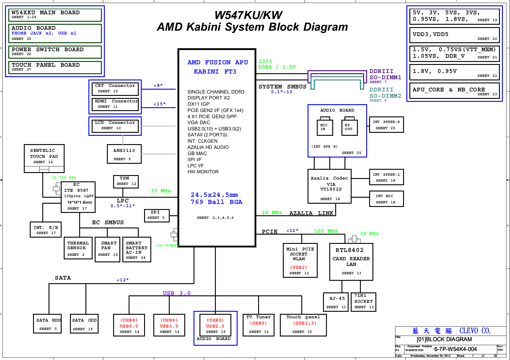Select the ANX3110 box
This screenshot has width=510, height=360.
click(x=124, y=154)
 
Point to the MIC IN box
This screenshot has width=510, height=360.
click(x=325, y=127)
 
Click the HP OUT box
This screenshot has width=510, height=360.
click(x=349, y=127)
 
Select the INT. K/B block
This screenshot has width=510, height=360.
click(x=46, y=230)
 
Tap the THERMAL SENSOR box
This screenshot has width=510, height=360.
click(x=78, y=248)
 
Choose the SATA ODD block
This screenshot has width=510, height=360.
click(x=84, y=324)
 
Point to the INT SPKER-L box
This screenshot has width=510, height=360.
click(x=386, y=177)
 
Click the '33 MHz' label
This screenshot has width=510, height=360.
click(x=160, y=191)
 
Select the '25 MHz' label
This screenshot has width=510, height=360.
click(x=369, y=234)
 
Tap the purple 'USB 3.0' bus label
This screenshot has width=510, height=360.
click(x=176, y=293)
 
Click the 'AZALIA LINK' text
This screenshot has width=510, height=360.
click(x=311, y=213)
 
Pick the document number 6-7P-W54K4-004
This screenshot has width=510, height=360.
click(x=455, y=349)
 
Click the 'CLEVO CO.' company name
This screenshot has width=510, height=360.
click(x=475, y=331)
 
